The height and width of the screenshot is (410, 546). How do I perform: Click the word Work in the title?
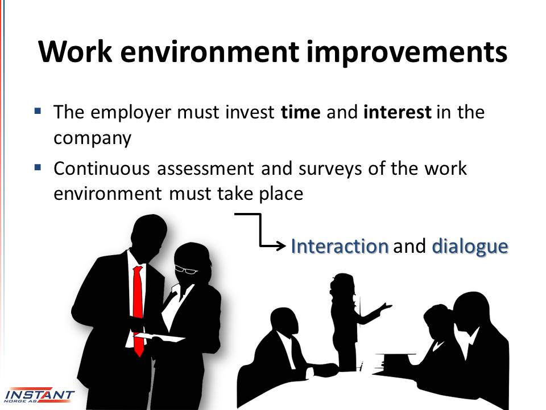75,52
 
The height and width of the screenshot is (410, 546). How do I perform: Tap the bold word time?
300,112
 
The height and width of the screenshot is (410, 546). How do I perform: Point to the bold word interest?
398,112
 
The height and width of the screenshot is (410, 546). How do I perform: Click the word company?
92,138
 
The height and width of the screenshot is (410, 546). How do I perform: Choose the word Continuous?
102,169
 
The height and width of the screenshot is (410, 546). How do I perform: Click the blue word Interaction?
340,246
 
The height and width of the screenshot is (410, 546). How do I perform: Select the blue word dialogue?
470,247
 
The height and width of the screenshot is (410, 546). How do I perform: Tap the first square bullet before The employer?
38,111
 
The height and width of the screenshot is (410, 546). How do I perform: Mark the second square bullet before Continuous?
38,167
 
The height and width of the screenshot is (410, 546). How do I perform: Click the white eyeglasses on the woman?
186,269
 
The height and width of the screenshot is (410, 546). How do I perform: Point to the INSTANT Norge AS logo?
39,395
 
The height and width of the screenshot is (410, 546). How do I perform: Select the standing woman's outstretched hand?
385,307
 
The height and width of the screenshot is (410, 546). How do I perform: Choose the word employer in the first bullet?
131,113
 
